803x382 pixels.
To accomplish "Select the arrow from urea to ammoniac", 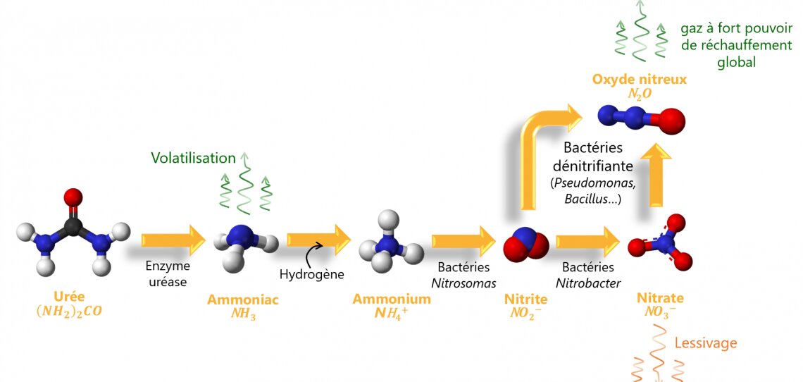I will coord(173,240).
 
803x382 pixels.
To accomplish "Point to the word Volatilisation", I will coord(192,158).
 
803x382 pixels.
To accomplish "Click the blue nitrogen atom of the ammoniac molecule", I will coord(242,234).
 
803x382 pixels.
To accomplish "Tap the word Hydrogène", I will coord(311,274).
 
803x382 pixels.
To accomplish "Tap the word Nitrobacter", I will coord(588,283).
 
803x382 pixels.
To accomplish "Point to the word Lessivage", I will coord(706,343).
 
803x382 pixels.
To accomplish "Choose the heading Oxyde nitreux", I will coord(639,79).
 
